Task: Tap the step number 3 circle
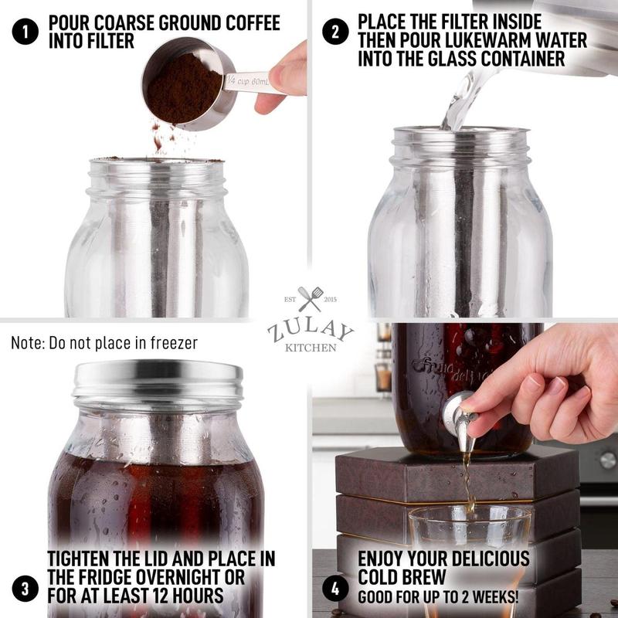coord(25,589)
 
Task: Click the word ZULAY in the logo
coord(310,328)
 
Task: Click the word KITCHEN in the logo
coord(310,348)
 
